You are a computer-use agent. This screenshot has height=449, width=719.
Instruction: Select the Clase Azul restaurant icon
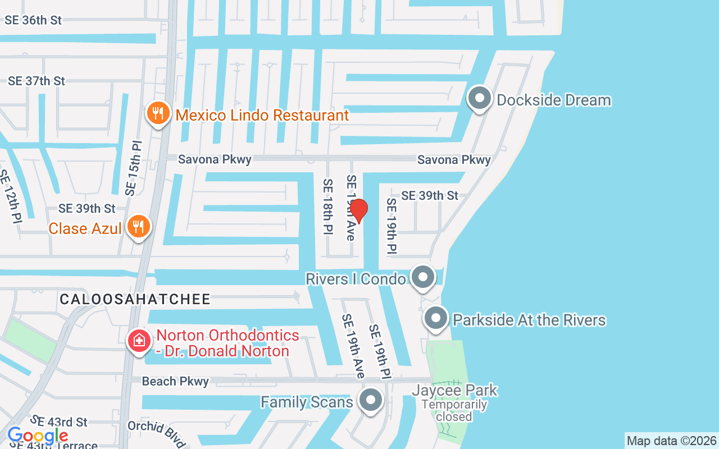pyautogui.click(x=138, y=227)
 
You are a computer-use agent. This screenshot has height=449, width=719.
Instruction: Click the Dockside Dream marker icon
pyautogui.click(x=480, y=99)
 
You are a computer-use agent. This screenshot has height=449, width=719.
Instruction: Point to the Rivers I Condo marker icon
pyautogui.click(x=423, y=277)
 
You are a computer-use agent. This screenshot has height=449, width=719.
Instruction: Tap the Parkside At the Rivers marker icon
pyautogui.click(x=435, y=318)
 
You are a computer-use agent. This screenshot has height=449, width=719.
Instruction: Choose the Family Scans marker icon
pyautogui.click(x=370, y=401)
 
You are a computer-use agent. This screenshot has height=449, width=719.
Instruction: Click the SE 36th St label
pyautogui.click(x=33, y=20)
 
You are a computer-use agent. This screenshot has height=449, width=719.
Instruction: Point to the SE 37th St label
pyautogui.click(x=37, y=81)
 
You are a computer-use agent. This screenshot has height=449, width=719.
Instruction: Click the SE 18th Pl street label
pyautogui.click(x=328, y=206)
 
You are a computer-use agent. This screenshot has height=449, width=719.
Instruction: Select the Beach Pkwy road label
pyautogui.click(x=175, y=382)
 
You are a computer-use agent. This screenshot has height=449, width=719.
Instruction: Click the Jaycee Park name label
pyautogui.click(x=454, y=390)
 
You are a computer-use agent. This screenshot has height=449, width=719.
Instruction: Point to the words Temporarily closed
pyautogui.click(x=454, y=410)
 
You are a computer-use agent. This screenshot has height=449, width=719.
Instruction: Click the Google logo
pyautogui.click(x=38, y=436)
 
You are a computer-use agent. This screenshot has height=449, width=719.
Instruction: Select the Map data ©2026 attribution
pyautogui.click(x=671, y=441)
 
